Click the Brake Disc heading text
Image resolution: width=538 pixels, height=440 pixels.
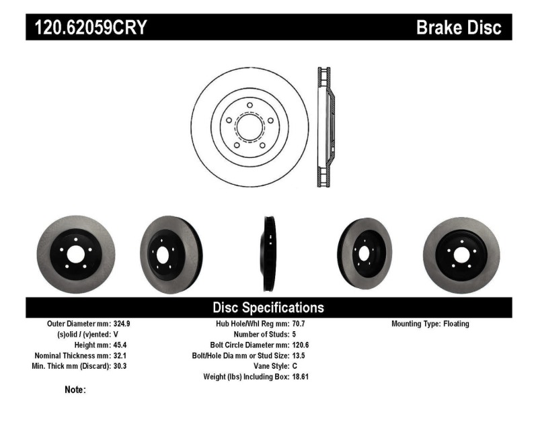tap(459, 28)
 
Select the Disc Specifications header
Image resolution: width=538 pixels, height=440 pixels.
tap(268, 308)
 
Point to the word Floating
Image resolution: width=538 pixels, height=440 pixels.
tap(456, 324)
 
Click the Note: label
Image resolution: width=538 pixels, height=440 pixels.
tap(75, 390)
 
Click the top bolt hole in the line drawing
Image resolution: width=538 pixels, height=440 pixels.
tap(249, 105)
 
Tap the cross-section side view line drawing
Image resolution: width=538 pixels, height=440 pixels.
tap(324, 127)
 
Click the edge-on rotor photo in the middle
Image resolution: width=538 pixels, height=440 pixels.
tap(268, 253)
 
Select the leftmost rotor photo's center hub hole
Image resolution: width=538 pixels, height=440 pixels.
tap(75, 255)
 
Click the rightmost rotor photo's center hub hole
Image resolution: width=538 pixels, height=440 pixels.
tap(462, 255)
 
